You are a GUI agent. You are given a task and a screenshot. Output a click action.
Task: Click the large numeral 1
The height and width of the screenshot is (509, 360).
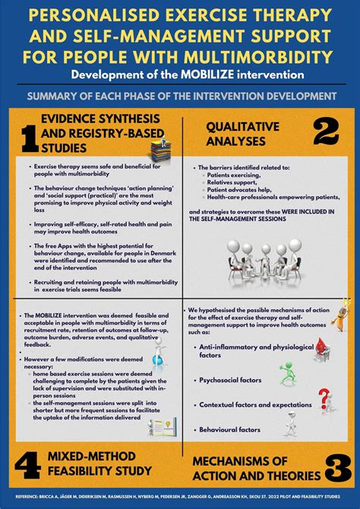(x=30, y=137)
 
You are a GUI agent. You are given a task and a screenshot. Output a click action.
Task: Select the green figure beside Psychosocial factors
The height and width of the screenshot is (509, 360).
(x=289, y=373)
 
